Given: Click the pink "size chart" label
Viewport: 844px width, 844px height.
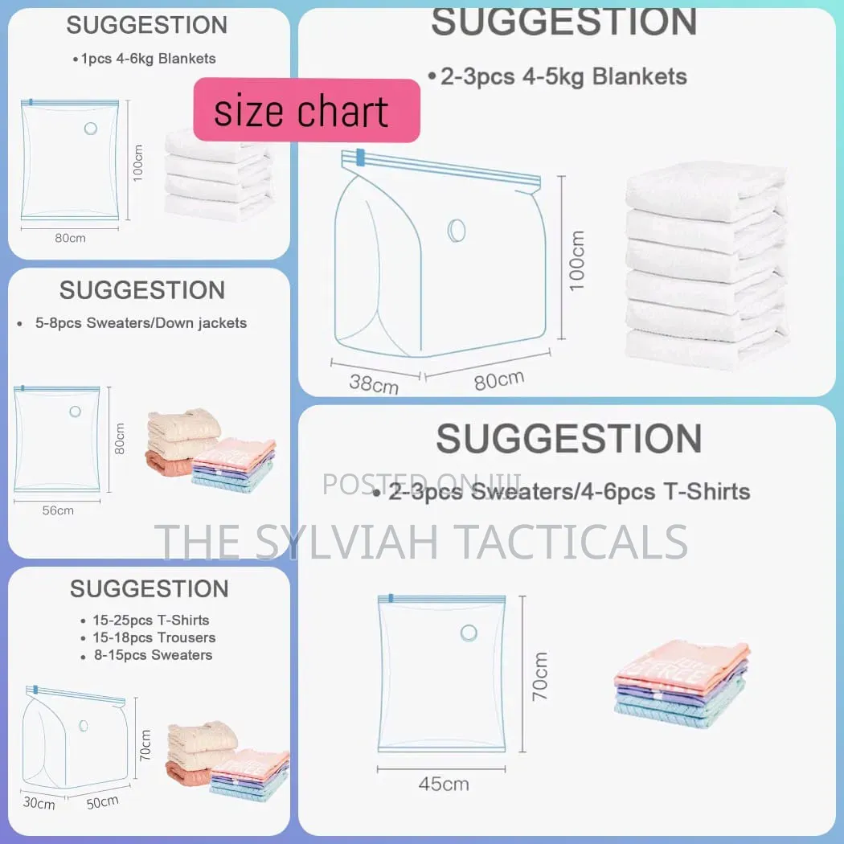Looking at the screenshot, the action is tap(306, 110).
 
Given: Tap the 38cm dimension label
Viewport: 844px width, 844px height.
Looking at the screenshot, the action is tap(374, 383).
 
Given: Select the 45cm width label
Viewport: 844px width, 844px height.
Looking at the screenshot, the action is tap(444, 784).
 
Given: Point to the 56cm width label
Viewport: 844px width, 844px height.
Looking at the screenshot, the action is tap(58, 510).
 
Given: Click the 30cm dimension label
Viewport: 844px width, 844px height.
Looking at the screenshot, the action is tap(39, 802).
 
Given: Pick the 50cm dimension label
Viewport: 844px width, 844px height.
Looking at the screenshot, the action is tap(102, 802).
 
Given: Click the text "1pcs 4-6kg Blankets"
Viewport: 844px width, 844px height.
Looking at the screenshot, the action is tap(148, 59).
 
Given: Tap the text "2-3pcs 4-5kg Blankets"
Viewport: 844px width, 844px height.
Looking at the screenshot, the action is tap(563, 76).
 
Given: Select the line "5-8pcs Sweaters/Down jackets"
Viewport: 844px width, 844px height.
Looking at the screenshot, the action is tap(141, 323).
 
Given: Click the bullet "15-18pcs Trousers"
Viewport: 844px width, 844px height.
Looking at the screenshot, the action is tap(154, 638).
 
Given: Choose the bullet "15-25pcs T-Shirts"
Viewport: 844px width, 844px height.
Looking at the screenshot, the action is tap(151, 620).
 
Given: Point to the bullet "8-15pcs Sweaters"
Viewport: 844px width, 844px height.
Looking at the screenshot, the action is tap(154, 655).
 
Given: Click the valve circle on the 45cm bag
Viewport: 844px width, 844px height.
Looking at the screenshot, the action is tap(469, 633).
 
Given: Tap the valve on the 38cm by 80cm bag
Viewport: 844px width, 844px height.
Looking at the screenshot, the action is tap(457, 231).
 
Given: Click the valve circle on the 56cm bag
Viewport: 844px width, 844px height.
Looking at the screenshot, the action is tap(76, 412).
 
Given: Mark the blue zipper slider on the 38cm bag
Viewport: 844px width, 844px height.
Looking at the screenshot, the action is tap(360, 157).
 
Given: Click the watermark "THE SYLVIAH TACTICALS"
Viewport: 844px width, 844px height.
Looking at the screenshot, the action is tap(421, 542).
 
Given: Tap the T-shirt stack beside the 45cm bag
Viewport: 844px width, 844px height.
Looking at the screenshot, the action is tap(682, 683).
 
